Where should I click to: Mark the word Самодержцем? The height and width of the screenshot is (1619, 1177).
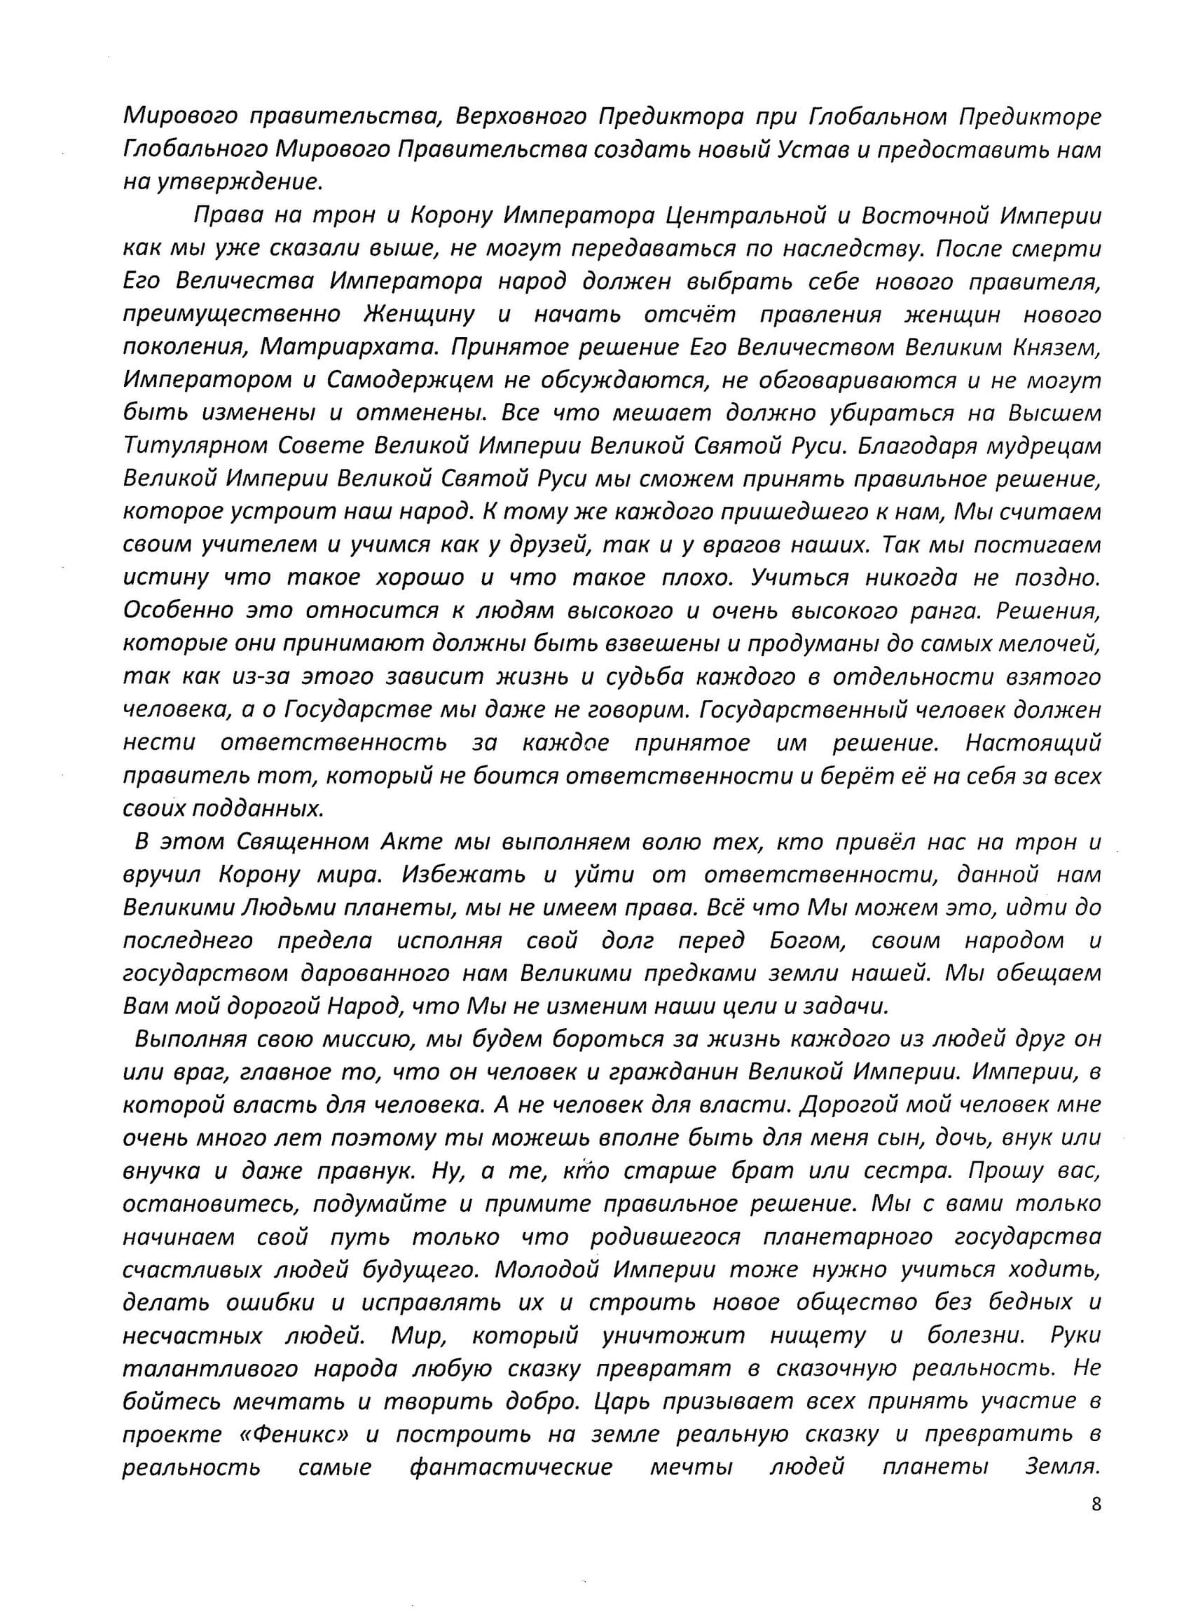[x=411, y=381]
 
